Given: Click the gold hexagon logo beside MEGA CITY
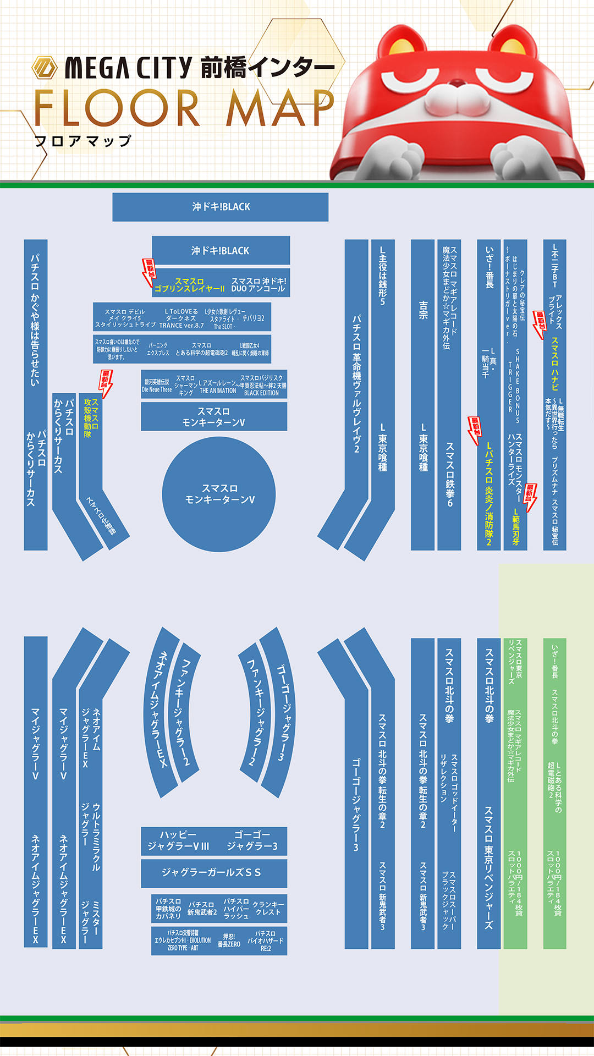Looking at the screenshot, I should tap(45, 68).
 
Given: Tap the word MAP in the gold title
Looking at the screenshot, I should tap(280, 108).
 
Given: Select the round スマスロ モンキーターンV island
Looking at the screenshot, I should tap(219, 494).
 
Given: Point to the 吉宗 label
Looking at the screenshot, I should tap(423, 310).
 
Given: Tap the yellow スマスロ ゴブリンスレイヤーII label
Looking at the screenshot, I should tap(190, 285).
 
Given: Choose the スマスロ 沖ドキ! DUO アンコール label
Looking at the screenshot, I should tap(258, 285).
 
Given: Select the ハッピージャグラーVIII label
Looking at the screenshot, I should tap(178, 840).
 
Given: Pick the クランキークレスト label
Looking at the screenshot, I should tap(268, 908).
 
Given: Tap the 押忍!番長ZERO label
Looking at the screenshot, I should tap(229, 940).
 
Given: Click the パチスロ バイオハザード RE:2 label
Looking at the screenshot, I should tap(265, 941).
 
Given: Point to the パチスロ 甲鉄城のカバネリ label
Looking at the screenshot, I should tap(168, 909).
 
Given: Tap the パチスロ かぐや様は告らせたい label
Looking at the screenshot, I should tap(35, 319).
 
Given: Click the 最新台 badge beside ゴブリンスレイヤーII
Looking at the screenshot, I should tap(149, 271).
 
